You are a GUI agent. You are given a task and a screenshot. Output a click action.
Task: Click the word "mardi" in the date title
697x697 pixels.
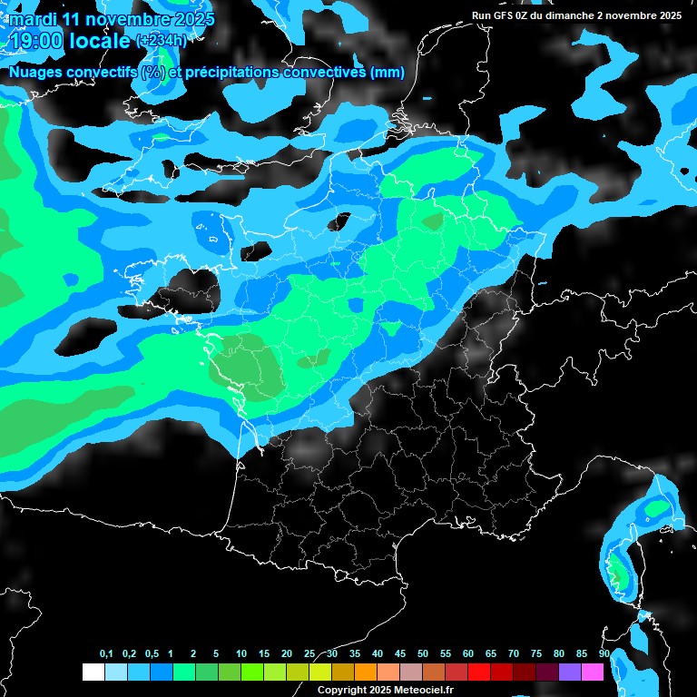pyautogui.click(x=33, y=18)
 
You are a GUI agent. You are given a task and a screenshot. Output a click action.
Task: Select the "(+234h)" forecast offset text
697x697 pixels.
pyautogui.click(x=162, y=40)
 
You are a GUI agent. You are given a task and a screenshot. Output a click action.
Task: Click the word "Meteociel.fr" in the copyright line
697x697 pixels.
pyautogui.click(x=422, y=690)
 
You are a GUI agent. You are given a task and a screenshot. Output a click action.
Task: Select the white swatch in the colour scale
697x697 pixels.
pyautogui.click(x=93, y=672)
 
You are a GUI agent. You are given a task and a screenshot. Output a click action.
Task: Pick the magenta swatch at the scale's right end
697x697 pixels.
pyautogui.click(x=593, y=672)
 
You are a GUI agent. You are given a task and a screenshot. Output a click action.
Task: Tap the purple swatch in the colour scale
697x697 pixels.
pyautogui.click(x=570, y=672)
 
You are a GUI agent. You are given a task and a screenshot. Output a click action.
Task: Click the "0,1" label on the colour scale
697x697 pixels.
pyautogui.click(x=106, y=654)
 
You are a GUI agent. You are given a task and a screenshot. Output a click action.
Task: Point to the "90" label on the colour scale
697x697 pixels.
pyautogui.click(x=604, y=654)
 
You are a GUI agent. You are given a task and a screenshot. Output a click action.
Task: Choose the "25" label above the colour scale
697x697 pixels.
pyautogui.click(x=309, y=654)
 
